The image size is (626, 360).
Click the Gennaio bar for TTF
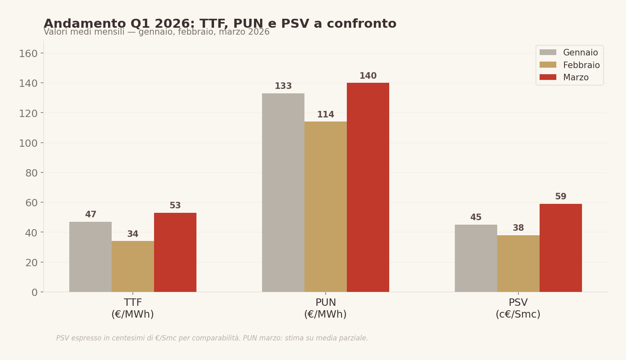[x=90, y=257]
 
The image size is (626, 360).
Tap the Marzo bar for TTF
[x=175, y=252]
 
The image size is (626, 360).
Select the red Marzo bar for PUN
[x=368, y=187]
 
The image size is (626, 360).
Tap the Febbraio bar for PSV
[x=518, y=263]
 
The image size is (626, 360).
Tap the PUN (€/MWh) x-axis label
[x=325, y=309]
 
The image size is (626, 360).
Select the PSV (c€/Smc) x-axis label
[x=518, y=309]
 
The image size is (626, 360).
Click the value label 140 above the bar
[x=368, y=76]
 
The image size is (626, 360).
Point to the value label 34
[x=133, y=234]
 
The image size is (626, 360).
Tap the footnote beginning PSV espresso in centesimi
[x=212, y=338]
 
